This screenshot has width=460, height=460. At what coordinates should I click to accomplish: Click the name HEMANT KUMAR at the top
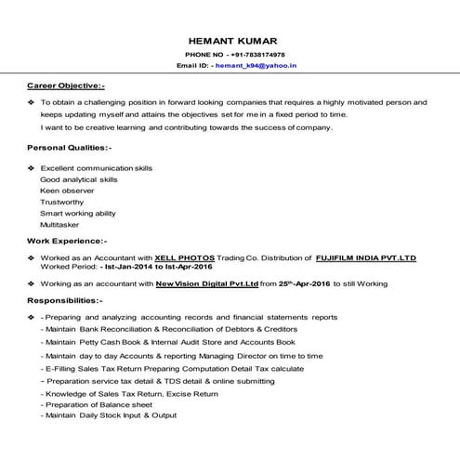(230, 41)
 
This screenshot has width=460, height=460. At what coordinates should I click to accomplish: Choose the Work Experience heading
(67, 240)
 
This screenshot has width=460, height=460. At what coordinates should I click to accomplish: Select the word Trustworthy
(62, 201)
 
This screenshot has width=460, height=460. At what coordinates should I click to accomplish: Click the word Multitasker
(59, 224)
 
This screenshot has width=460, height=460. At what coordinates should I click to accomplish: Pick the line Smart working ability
(78, 213)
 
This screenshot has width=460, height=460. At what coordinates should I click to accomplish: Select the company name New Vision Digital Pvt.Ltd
(206, 283)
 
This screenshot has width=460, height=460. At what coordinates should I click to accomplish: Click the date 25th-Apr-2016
(306, 283)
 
